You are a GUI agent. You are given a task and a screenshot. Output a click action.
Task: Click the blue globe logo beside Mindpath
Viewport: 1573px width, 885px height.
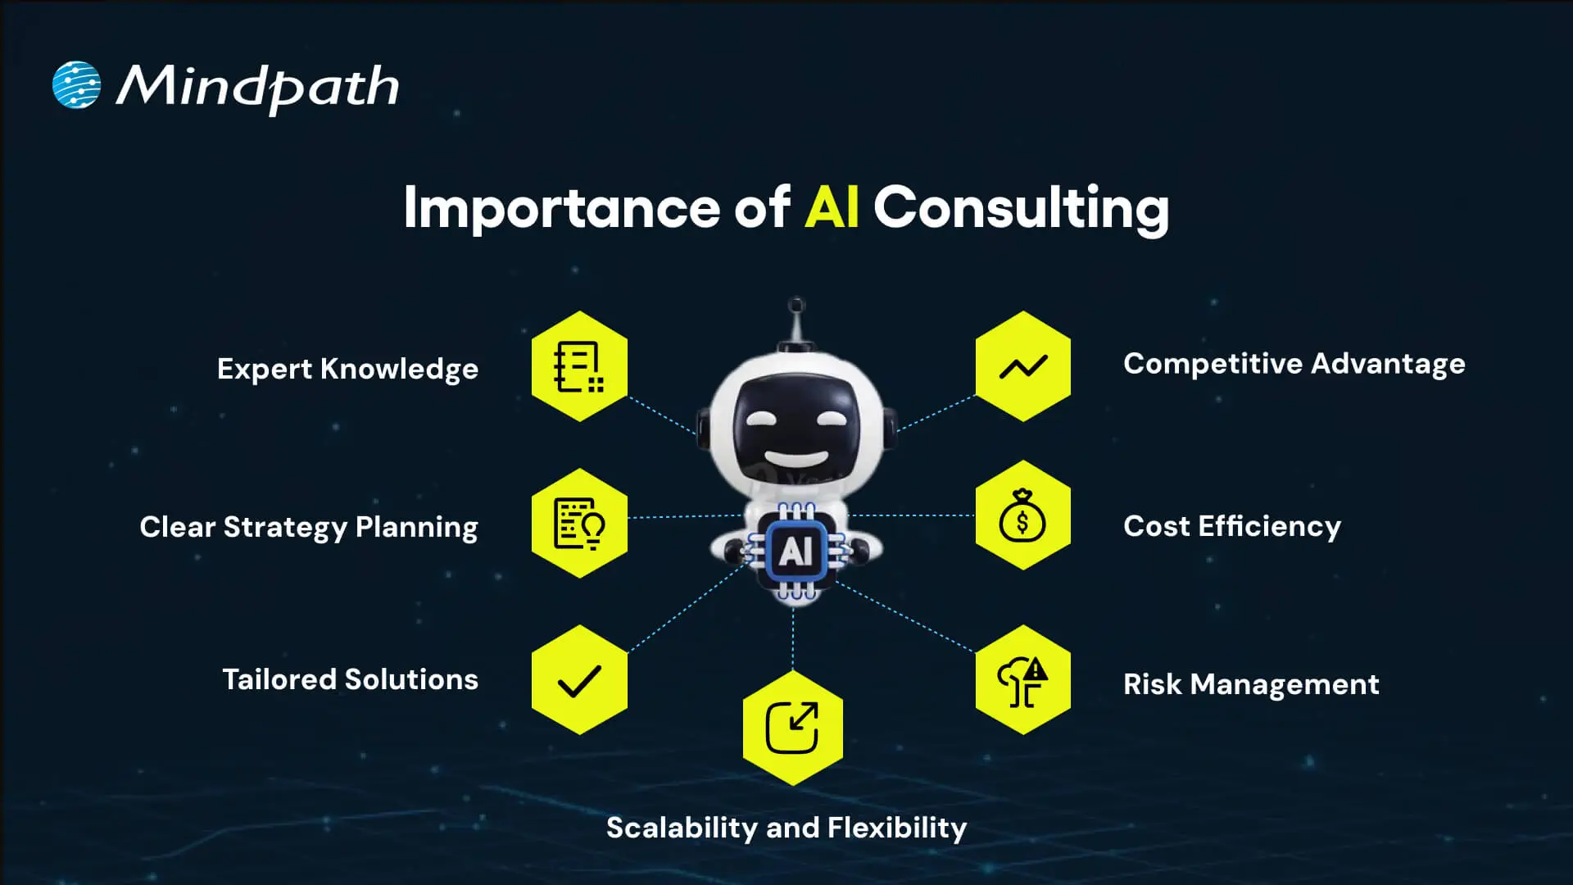(x=76, y=85)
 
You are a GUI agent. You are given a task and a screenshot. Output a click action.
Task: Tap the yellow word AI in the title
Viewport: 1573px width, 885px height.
(x=831, y=207)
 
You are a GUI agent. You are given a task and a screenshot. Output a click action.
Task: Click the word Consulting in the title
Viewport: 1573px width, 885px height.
(x=1021, y=207)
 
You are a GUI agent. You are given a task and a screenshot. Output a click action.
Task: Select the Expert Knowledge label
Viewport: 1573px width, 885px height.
(x=347, y=369)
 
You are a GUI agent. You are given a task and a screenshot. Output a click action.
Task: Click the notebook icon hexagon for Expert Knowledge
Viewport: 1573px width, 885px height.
(x=579, y=366)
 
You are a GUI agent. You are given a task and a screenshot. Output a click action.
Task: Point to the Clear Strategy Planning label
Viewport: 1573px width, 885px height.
(x=309, y=527)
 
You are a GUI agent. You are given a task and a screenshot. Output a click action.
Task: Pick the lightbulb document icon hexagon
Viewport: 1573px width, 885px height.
(x=579, y=524)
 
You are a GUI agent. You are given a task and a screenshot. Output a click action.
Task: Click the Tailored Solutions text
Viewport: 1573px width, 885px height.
(x=350, y=679)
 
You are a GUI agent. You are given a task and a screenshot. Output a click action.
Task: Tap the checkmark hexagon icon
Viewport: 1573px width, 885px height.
(x=579, y=680)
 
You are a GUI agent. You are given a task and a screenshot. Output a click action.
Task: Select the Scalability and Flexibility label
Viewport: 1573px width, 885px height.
(x=786, y=828)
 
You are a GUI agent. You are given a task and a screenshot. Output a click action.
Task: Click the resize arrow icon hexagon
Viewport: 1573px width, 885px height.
(x=792, y=728)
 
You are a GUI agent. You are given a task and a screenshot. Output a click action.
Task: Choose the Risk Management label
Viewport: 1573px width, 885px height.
(x=1251, y=684)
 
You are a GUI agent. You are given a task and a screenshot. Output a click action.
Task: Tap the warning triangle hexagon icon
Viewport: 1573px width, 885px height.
(x=1022, y=680)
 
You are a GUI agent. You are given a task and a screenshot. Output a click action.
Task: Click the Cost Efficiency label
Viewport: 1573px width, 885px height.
(x=1232, y=526)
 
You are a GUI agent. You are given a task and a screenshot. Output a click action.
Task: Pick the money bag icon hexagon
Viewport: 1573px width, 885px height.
(x=1022, y=516)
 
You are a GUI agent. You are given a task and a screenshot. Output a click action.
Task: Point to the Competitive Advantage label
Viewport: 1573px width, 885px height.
(x=1294, y=364)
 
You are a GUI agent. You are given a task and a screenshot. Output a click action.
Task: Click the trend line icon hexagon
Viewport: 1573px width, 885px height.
(x=1022, y=366)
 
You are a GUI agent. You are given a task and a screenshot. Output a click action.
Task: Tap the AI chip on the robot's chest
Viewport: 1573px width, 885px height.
(x=796, y=551)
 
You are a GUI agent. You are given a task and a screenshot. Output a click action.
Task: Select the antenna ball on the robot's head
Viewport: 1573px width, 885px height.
(x=796, y=305)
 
